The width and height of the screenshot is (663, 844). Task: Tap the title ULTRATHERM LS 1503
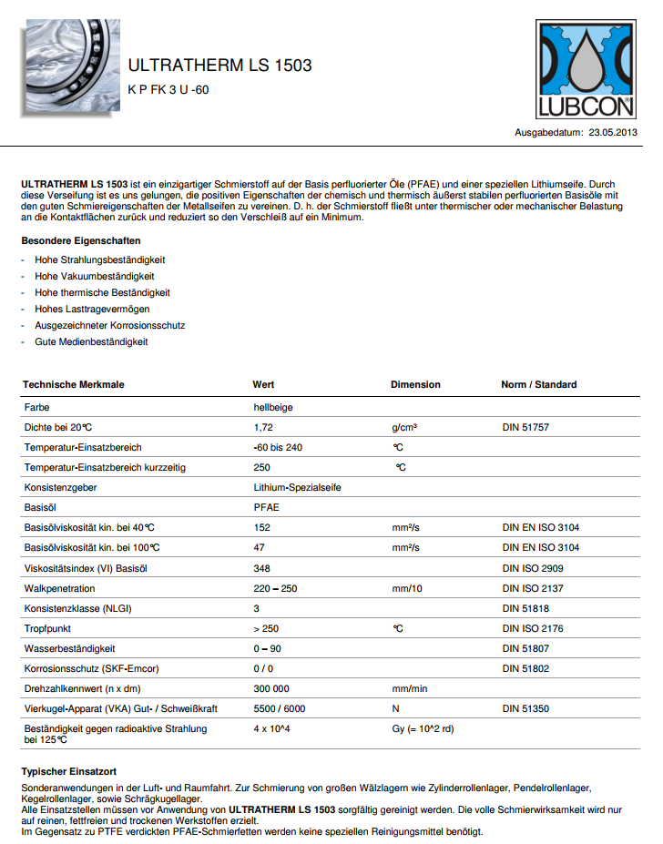pyautogui.click(x=220, y=66)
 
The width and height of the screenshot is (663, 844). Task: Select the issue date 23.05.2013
pyautogui.click(x=613, y=133)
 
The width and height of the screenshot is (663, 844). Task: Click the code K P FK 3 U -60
pyautogui.click(x=168, y=89)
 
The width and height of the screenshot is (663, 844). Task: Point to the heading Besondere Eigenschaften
pyautogui.click(x=81, y=241)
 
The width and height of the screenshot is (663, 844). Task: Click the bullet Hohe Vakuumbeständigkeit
pyautogui.click(x=95, y=276)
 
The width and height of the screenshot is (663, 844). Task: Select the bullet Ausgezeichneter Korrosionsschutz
pyautogui.click(x=111, y=325)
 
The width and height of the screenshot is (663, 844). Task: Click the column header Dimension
pyautogui.click(x=415, y=384)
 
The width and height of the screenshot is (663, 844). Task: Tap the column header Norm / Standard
pyautogui.click(x=538, y=384)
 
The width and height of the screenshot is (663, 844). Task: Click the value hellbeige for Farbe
pyautogui.click(x=272, y=406)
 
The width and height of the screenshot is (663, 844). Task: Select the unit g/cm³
pyautogui.click(x=404, y=427)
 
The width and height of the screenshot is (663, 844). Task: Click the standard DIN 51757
pyautogui.click(x=525, y=427)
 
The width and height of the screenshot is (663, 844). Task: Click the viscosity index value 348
pyautogui.click(x=262, y=568)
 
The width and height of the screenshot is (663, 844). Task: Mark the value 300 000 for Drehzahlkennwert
pyautogui.click(x=271, y=688)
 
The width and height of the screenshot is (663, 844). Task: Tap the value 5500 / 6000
pyautogui.click(x=280, y=708)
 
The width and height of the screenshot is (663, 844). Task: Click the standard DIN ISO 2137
pyautogui.click(x=533, y=588)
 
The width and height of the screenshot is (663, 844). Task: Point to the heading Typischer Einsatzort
pyautogui.click(x=69, y=771)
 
